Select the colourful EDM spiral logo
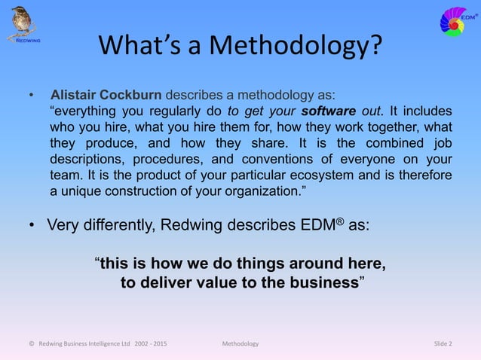pyautogui.click(x=458, y=20)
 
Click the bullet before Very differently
pyautogui.click(x=32, y=225)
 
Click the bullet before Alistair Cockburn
pyautogui.click(x=32, y=96)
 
